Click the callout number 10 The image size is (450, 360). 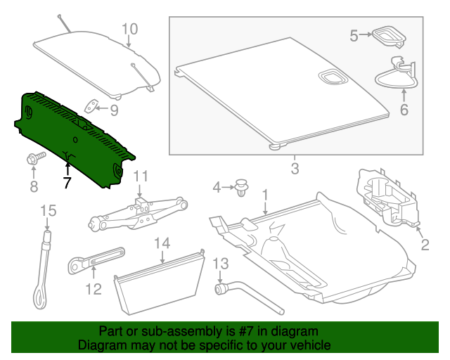point(130,29)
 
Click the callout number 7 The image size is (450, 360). point(67,184)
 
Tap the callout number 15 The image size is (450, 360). point(47,210)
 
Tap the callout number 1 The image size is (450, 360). point(265,193)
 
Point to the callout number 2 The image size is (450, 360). point(425,245)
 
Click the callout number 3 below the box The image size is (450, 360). point(295,169)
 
